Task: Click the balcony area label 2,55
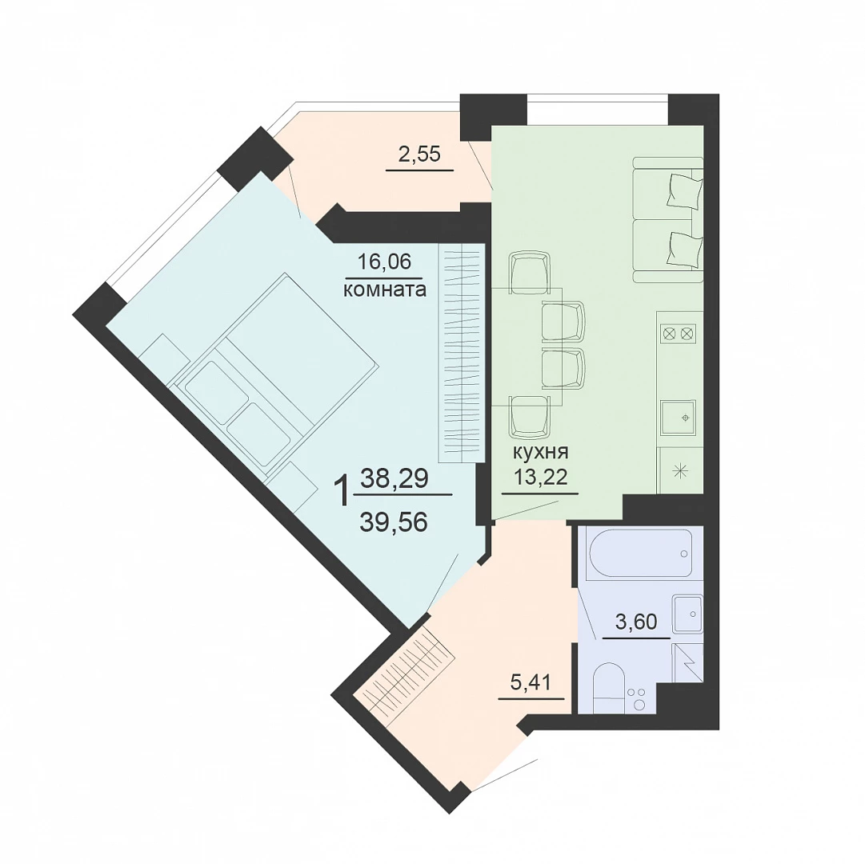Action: coord(419,154)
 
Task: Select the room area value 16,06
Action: coord(385,262)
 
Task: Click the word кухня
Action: coord(540,453)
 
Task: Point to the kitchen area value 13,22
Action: coord(540,476)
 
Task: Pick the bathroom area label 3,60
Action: coord(636,622)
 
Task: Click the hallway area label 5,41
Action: coord(531,682)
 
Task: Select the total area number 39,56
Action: coord(394,522)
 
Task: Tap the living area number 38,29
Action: coord(394,478)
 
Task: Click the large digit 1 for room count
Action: coord(342,492)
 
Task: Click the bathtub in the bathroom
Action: coord(640,554)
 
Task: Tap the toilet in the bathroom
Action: coord(609,687)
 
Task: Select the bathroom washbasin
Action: coord(687,613)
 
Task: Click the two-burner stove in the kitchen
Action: coord(679,334)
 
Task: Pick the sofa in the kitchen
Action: coord(668,219)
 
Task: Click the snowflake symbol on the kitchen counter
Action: coord(679,471)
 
